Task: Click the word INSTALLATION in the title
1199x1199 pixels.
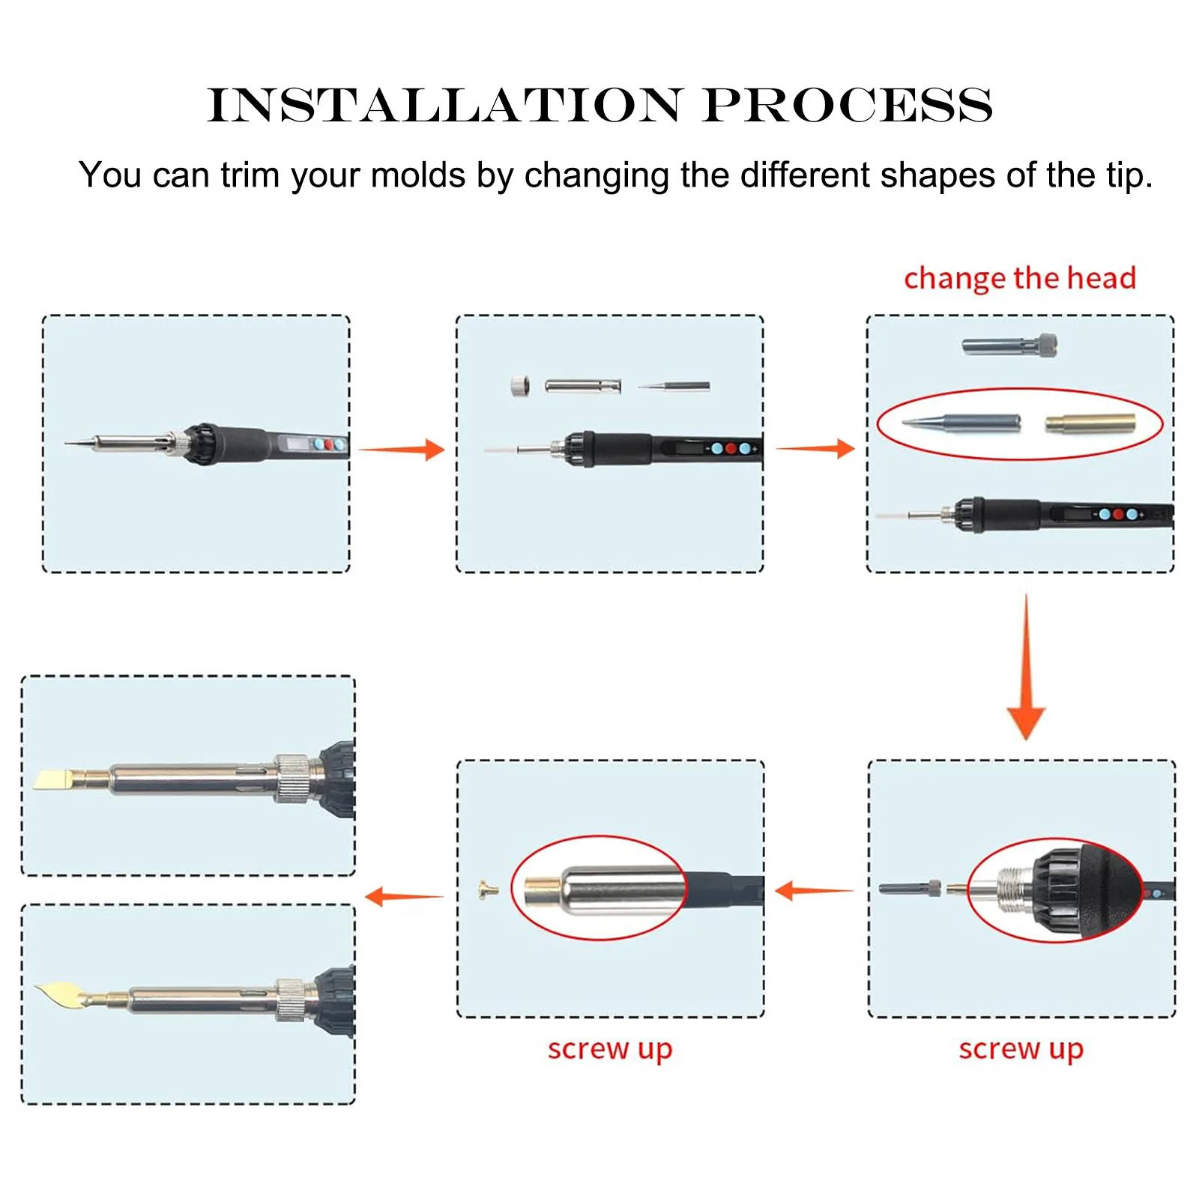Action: pos(445,105)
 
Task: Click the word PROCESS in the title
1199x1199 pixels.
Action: pos(848,105)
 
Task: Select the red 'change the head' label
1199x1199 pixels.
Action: pos(1020,278)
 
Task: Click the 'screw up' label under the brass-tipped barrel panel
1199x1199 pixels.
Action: pos(610,1049)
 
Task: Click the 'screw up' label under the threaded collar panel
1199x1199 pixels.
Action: pos(1021,1049)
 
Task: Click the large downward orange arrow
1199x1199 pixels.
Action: pos(1026,667)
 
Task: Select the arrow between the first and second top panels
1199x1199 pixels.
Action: pos(402,450)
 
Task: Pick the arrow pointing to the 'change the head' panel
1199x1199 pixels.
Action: pos(815,449)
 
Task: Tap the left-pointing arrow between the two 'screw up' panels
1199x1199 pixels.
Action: pos(814,891)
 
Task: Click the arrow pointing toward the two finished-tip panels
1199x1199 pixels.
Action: pos(404,896)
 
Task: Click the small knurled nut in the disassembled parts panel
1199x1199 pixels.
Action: pos(520,386)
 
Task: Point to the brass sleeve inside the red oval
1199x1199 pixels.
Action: pos(1090,424)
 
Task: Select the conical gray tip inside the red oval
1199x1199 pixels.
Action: pos(962,423)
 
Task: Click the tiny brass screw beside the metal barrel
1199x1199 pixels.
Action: pos(488,890)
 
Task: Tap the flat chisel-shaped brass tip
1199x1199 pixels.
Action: pos(61,779)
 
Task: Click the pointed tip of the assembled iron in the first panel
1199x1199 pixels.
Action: pos(65,444)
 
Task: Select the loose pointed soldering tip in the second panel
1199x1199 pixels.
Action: pos(673,387)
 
